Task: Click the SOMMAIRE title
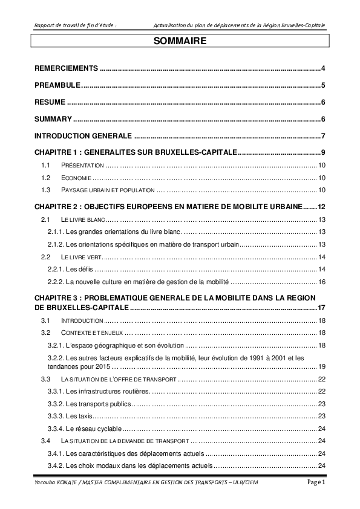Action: click(x=180, y=42)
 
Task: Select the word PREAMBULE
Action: click(x=57, y=85)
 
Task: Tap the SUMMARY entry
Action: click(x=53, y=118)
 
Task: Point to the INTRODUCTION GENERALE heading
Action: click(x=83, y=135)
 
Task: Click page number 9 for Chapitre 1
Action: click(x=324, y=152)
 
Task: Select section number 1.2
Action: click(x=44, y=178)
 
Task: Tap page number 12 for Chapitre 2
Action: click(x=322, y=207)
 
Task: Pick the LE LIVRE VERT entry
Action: click(x=82, y=257)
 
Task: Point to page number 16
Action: click(x=322, y=282)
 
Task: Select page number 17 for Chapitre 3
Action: click(x=322, y=308)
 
